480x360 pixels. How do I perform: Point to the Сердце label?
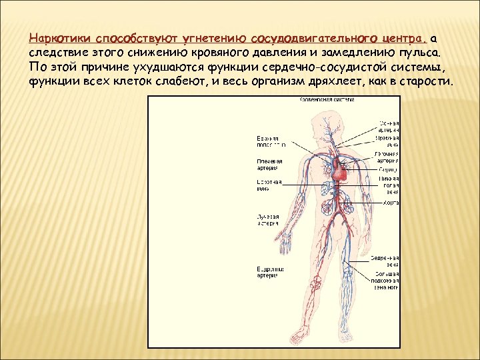pyautogui.click(x=390, y=169)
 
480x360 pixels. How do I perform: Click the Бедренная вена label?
pyautogui.click(x=386, y=261)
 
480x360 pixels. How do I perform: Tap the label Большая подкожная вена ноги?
pyautogui.click(x=386, y=281)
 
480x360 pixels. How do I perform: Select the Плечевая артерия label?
pyautogui.click(x=269, y=164)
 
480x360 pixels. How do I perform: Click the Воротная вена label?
pyautogui.click(x=269, y=185)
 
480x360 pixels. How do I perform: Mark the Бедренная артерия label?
pyautogui.click(x=271, y=272)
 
